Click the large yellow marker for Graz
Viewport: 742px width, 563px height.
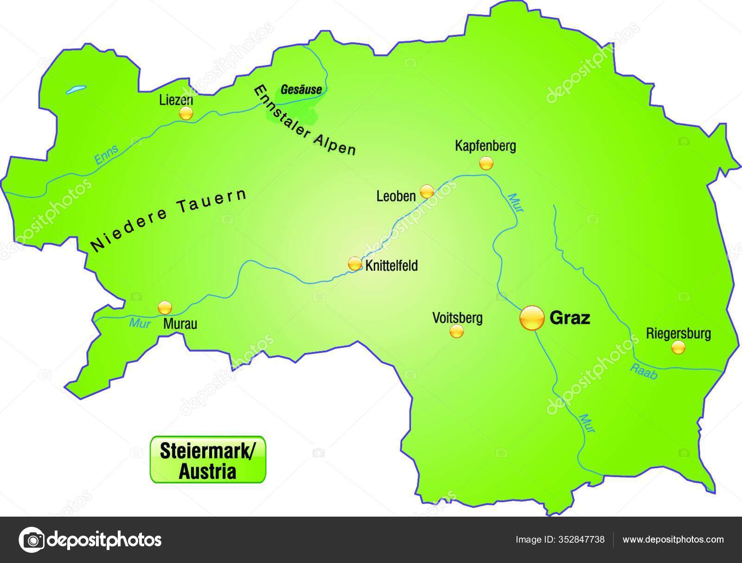[531, 318]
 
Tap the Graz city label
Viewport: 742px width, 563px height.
[569, 318]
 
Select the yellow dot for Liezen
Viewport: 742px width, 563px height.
[185, 113]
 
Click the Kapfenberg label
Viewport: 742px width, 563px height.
[485, 147]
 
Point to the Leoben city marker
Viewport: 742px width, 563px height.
[427, 191]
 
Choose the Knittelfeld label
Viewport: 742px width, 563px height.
[391, 266]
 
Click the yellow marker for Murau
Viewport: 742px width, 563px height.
[165, 307]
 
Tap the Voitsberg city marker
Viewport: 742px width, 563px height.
[456, 331]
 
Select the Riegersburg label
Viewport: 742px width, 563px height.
[678, 333]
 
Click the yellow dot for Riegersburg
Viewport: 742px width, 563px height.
[678, 347]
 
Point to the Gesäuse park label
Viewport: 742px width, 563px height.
[301, 90]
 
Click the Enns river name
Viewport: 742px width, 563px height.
[107, 155]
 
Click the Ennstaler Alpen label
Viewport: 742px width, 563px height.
[305, 121]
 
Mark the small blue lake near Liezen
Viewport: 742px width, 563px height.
[76, 89]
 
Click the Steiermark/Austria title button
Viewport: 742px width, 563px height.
[207, 460]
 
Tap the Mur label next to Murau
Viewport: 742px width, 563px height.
[140, 323]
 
